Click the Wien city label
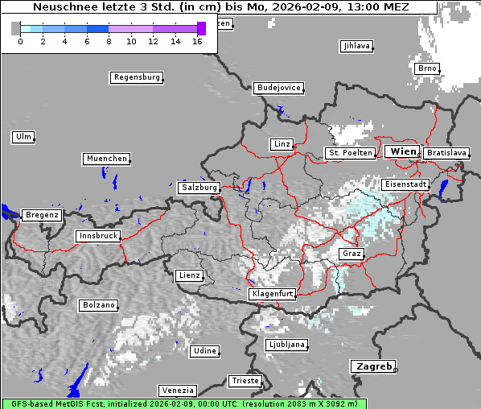(x=402, y=151)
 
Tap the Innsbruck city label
(x=97, y=236)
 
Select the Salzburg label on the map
(x=199, y=188)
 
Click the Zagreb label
(x=372, y=366)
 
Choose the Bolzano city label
(x=98, y=306)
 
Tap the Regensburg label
(x=136, y=78)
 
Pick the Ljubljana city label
(x=287, y=345)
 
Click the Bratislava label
(x=446, y=153)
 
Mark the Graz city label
(x=351, y=254)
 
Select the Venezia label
(x=177, y=390)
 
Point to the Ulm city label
(x=23, y=137)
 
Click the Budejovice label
(x=278, y=88)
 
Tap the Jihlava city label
(x=356, y=46)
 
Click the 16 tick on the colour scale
(x=196, y=41)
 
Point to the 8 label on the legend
(x=109, y=41)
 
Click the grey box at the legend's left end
(x=16, y=28)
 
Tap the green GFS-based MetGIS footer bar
(x=183, y=403)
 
